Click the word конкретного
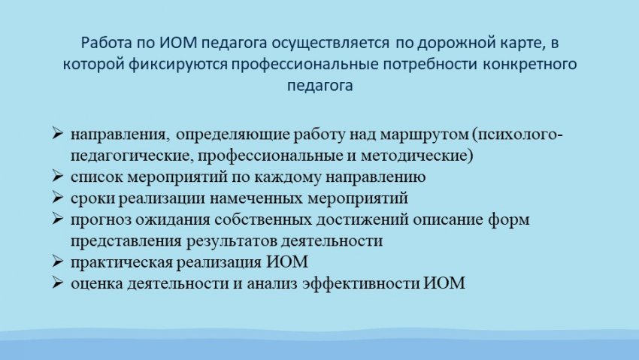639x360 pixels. click(x=530, y=65)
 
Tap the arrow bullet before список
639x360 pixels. click(x=58, y=177)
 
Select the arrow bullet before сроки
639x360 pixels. click(x=58, y=198)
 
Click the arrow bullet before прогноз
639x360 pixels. click(x=58, y=219)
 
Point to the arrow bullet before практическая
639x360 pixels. click(x=58, y=261)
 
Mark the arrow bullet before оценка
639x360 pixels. click(x=58, y=283)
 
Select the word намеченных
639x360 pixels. click(x=256, y=198)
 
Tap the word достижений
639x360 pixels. click(x=362, y=220)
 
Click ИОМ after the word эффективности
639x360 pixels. click(x=444, y=283)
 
